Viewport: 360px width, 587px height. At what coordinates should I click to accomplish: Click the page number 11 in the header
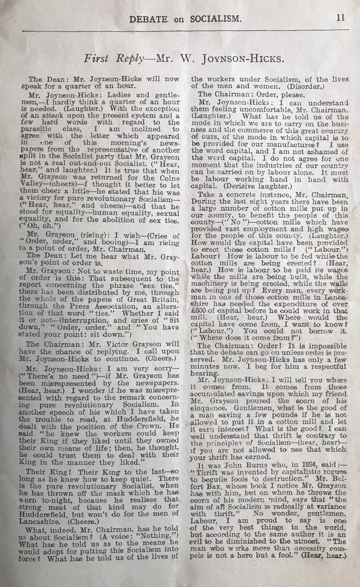tap(340, 18)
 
